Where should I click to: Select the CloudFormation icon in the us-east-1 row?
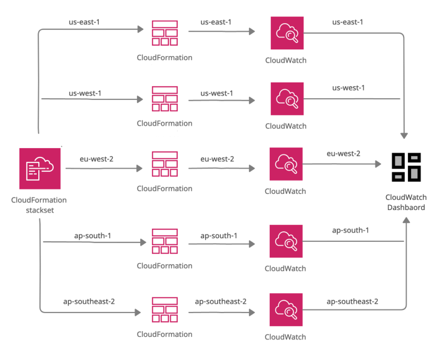coord(165,33)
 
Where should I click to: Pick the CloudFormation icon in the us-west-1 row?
coord(165,99)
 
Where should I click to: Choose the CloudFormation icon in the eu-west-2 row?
coord(165,164)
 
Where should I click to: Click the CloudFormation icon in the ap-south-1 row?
coord(165,241)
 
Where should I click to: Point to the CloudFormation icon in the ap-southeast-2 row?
coord(165,309)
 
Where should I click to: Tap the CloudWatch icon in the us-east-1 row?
coord(287,33)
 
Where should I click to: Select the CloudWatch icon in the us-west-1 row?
coord(287,99)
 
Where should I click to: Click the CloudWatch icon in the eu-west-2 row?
coord(287,164)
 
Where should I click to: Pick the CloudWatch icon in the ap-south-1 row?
coord(287,241)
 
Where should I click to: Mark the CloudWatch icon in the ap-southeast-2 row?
coord(287,309)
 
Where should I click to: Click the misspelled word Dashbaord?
coord(405,208)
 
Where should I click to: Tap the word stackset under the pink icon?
coord(39,210)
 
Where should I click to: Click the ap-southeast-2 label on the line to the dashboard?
coord(352,301)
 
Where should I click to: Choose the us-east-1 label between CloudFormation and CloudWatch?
coord(216,22)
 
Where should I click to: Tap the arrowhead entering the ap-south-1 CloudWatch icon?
coord(252,244)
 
